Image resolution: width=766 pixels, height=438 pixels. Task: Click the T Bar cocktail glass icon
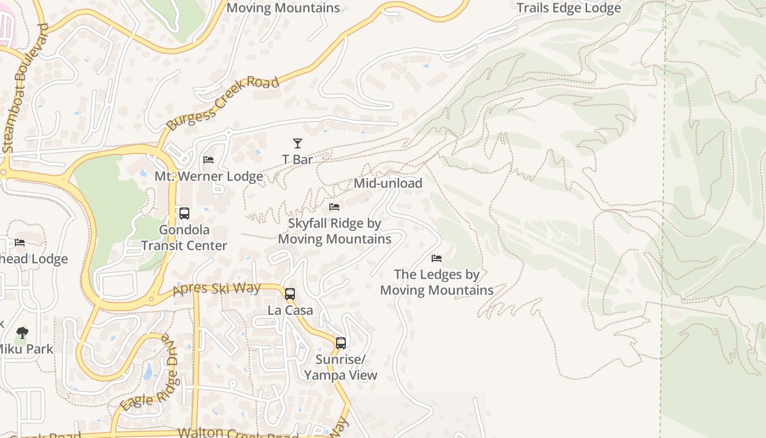(297, 143)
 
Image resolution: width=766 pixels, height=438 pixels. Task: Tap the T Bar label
(297, 159)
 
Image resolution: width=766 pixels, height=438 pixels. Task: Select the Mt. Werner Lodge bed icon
(208, 160)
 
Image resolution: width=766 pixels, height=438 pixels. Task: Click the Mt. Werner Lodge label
(208, 176)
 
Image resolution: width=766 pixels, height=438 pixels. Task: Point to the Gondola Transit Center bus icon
(184, 214)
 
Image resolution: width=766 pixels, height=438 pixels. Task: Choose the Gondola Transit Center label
(184, 238)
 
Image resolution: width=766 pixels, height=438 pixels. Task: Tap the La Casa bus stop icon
(290, 294)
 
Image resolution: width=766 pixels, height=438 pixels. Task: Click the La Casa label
(290, 310)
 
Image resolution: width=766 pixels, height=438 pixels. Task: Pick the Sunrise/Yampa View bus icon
(341, 343)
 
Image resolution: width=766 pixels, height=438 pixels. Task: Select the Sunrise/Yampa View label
(341, 367)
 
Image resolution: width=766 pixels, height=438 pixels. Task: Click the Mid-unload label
(388, 183)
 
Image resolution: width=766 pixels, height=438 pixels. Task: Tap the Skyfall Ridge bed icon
(334, 207)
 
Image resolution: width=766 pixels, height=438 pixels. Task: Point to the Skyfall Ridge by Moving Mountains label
(334, 231)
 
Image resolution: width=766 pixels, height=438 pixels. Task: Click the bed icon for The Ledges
(437, 258)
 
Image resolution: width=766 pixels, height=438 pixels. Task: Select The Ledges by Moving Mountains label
(437, 282)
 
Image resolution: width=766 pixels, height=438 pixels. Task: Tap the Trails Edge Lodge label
(568, 8)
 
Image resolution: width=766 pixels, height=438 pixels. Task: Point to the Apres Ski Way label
(217, 289)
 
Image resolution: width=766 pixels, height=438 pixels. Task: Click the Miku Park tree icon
(22, 332)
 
